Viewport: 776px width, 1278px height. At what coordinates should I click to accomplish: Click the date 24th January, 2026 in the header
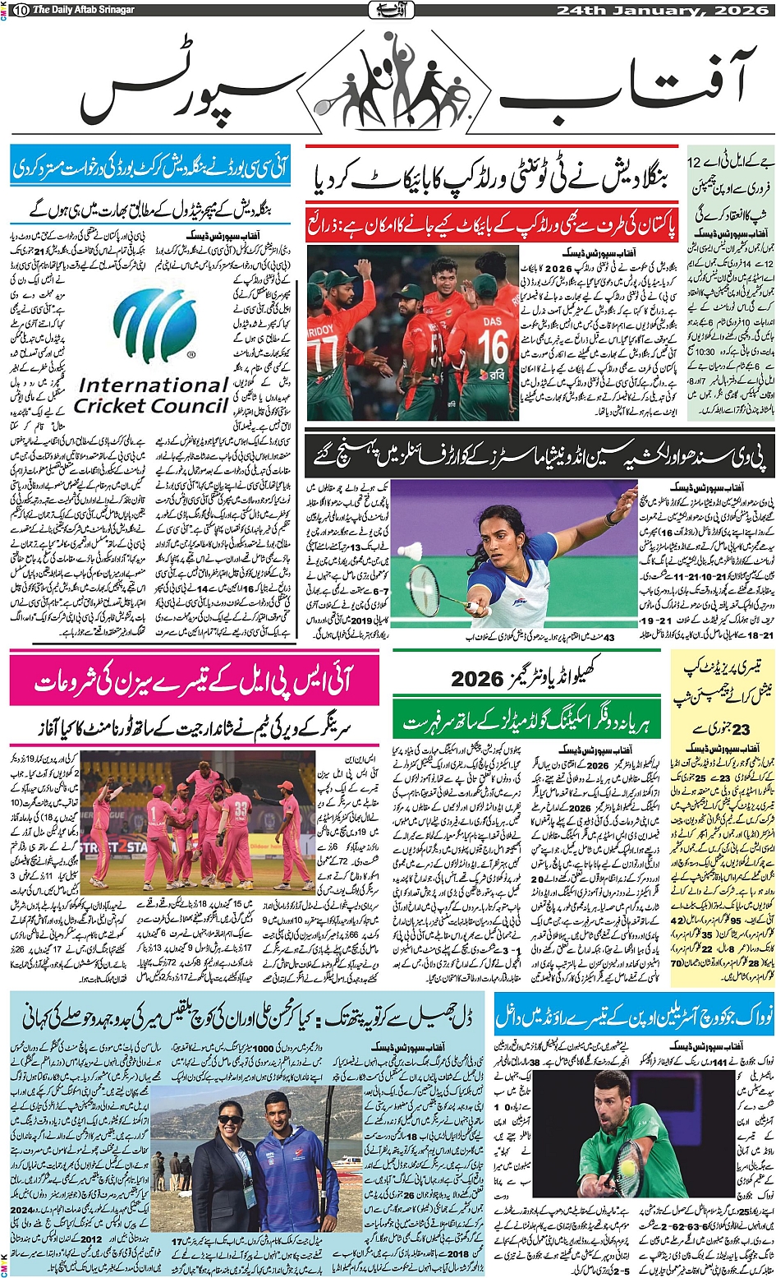(x=663, y=10)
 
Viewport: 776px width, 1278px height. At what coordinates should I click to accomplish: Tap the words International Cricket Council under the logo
(x=153, y=395)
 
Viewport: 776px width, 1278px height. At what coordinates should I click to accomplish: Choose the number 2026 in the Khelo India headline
(x=477, y=679)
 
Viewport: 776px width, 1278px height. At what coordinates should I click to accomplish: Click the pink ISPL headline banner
(x=195, y=681)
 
